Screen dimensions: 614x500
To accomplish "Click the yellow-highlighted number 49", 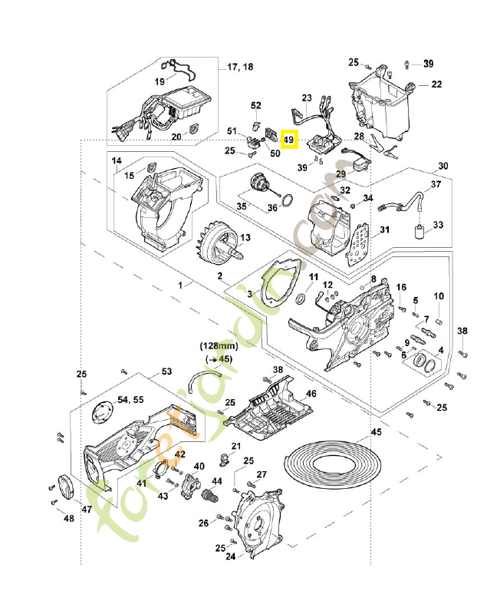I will pos(289,140).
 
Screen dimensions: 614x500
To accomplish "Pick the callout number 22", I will pos(436,84).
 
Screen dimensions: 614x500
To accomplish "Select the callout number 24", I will pos(230,557).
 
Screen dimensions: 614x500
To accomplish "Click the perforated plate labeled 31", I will pos(358,243).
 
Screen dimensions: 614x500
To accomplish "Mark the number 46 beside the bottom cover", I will pos(311,393).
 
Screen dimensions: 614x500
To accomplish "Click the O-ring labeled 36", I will pos(285,203).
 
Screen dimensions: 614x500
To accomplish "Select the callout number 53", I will pos(166,371).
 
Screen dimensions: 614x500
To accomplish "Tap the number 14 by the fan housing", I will pos(117,161).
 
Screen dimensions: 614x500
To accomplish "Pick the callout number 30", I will pos(442,166).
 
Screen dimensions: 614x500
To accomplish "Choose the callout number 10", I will pos(439,296).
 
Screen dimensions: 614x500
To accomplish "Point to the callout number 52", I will pos(256,105).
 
